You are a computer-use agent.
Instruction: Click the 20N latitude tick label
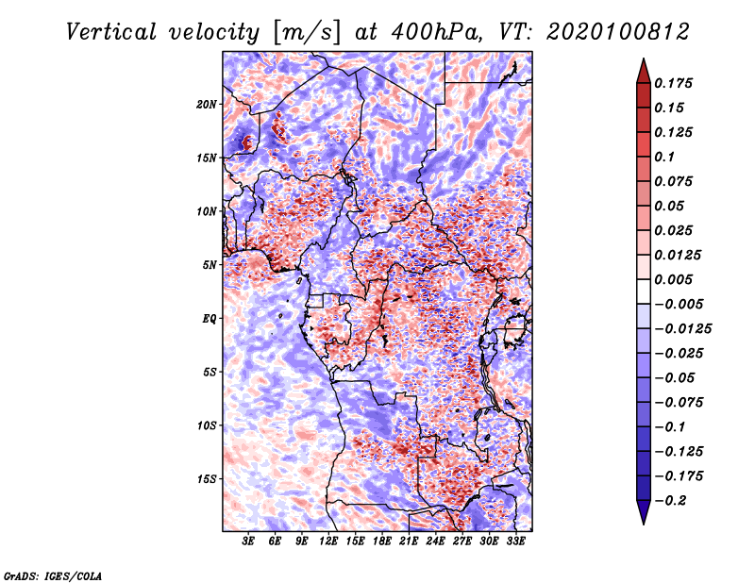[207, 104]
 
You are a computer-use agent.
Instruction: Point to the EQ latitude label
[209, 318]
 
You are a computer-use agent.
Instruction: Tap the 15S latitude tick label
[207, 479]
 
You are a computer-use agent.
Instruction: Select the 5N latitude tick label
[210, 265]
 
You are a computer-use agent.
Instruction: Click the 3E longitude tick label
[248, 541]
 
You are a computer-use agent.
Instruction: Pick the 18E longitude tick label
[382, 541]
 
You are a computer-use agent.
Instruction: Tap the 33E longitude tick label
[515, 541]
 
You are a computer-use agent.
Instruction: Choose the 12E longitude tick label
[328, 541]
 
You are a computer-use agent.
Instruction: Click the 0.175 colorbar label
[673, 83]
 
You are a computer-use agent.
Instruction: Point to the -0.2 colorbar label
[670, 501]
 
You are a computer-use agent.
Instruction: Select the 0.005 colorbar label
[673, 279]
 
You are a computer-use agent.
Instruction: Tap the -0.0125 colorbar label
[682, 329]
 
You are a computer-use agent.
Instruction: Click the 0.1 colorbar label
[664, 157]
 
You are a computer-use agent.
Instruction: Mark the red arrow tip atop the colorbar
[644, 59]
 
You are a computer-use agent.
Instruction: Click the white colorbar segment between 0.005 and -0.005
[644, 291]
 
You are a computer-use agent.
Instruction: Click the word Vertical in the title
[111, 32]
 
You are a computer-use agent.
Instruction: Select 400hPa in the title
[436, 32]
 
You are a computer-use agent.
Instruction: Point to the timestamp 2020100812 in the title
[618, 32]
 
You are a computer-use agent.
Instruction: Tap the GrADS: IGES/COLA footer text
[53, 576]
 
